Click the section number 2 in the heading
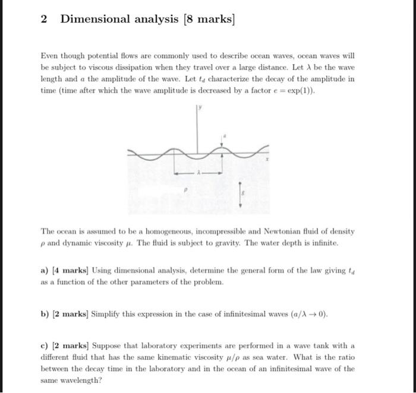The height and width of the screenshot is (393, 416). tap(44, 19)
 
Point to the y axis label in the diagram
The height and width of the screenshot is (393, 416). tap(200, 109)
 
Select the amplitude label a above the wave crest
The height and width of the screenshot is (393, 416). tap(224, 136)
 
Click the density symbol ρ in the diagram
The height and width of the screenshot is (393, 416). tap(185, 191)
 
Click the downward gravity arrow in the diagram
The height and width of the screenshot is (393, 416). tap(239, 193)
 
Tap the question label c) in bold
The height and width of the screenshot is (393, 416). tap(44, 346)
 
